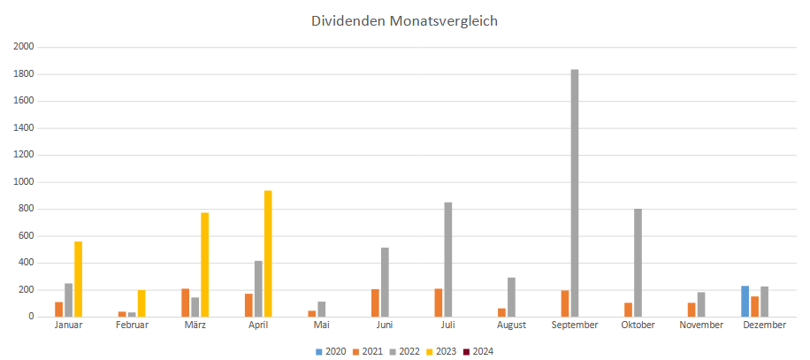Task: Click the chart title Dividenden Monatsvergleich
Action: (404, 20)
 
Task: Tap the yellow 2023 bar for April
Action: (268, 254)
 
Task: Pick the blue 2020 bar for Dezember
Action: (745, 302)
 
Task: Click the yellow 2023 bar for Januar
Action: (78, 279)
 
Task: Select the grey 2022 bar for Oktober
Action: (638, 263)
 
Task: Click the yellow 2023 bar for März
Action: (204, 264)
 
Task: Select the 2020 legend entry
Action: (331, 351)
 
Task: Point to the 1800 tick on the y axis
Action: (24, 74)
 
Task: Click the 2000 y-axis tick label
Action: (24, 47)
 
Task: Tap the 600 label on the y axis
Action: (27, 236)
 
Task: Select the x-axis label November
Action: (701, 326)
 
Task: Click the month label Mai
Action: (321, 326)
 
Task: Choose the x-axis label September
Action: (575, 326)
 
